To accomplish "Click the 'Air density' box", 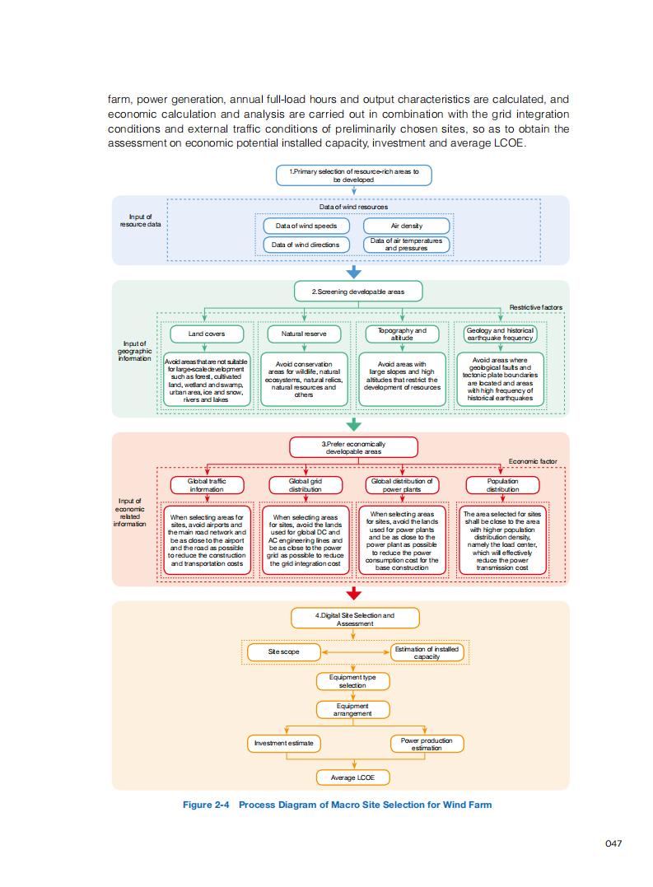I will (x=406, y=226).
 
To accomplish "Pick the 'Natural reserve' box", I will (x=304, y=334).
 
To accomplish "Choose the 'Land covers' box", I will (x=207, y=334).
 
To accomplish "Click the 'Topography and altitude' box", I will (x=402, y=334).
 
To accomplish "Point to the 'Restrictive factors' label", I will (x=535, y=307).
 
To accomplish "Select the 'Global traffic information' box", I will (x=207, y=484).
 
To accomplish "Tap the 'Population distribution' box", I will (x=502, y=484).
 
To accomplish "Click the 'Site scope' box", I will (x=284, y=651).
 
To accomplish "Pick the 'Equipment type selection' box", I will (x=352, y=681).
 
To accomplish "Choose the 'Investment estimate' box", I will (x=284, y=743).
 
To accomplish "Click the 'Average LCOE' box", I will (x=354, y=777).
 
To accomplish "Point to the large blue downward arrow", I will (x=354, y=273).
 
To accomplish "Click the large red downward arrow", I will (x=354, y=593).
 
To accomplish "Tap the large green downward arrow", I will (x=354, y=424).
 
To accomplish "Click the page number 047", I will (x=613, y=843).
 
